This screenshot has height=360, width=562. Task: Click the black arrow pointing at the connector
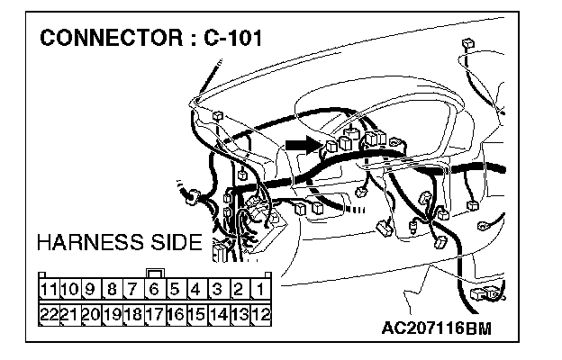304,142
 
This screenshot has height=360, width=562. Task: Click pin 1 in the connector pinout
260,290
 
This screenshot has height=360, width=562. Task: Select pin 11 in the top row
50,290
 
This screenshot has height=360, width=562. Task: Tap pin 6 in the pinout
154,290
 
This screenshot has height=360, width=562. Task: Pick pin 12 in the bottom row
260,314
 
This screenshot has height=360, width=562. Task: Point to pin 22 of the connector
50,314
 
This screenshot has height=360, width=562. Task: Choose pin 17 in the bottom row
154,314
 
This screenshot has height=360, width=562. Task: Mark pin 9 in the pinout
90,290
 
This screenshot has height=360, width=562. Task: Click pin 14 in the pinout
218,314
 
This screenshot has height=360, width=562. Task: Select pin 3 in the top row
218,290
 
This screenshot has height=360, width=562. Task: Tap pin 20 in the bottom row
90,314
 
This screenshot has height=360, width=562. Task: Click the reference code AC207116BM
436,326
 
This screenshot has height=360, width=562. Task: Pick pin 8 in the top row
111,290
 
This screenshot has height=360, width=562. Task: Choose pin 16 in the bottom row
176,314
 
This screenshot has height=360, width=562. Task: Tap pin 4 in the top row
196,290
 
